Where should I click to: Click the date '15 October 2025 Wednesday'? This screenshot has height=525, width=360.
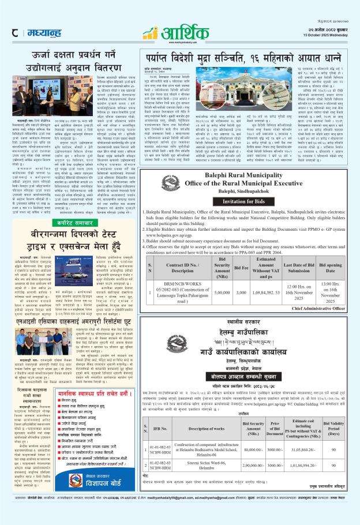333,34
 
